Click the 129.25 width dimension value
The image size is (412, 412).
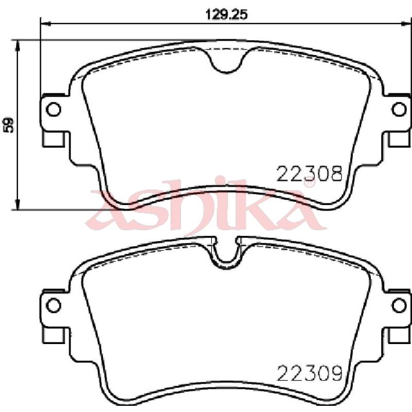(x=226, y=15)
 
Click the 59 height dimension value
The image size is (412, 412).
(x=9, y=125)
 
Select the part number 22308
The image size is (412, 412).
(x=310, y=174)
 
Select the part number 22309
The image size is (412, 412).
(x=310, y=373)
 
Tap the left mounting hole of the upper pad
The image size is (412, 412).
(x=54, y=109)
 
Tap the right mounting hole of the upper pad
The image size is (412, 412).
(x=399, y=109)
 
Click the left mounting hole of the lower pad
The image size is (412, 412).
(x=54, y=305)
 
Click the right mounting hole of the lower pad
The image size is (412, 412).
(x=399, y=305)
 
